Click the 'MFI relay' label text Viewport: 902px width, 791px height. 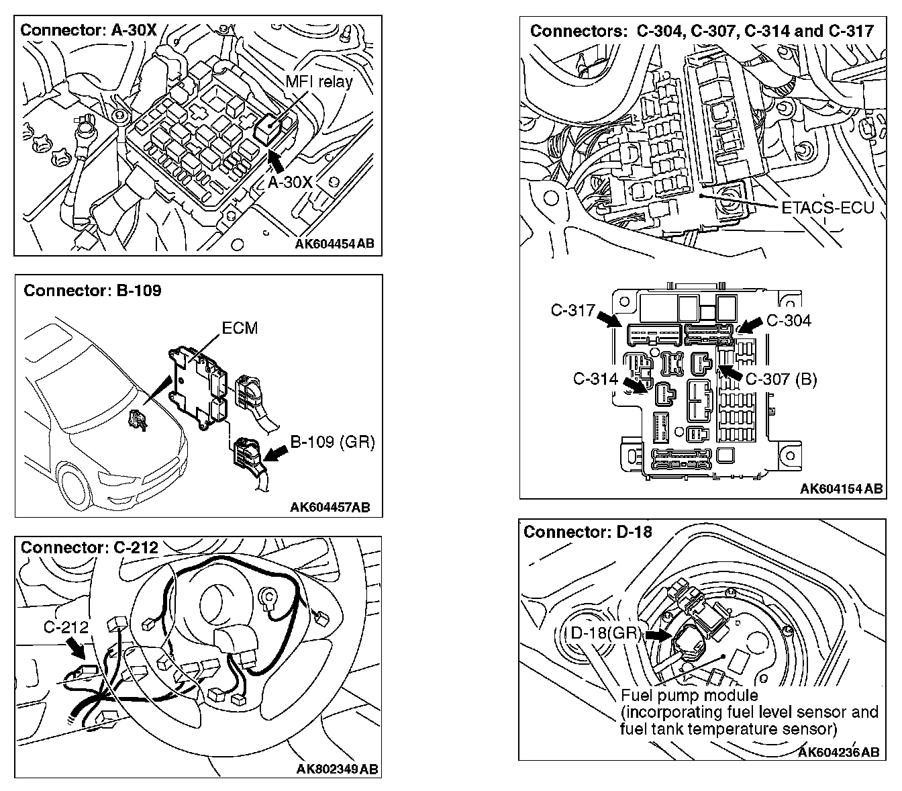coord(319,83)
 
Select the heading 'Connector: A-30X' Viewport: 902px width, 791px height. coord(89,30)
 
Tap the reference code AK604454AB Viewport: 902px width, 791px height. coord(334,244)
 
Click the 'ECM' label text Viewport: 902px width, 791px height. coord(239,328)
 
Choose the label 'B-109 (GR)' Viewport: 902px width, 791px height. coord(332,442)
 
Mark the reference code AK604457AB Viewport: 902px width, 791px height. coord(330,506)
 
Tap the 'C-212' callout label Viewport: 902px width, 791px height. coord(66,627)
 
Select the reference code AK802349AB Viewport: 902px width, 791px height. coord(338,768)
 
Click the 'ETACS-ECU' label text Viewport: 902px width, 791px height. coord(828,208)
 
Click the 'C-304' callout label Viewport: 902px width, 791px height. coord(789,320)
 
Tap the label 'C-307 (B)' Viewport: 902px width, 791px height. coord(781,379)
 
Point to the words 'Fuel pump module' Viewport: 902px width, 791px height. coord(689,696)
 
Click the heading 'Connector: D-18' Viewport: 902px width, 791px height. coord(587,532)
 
